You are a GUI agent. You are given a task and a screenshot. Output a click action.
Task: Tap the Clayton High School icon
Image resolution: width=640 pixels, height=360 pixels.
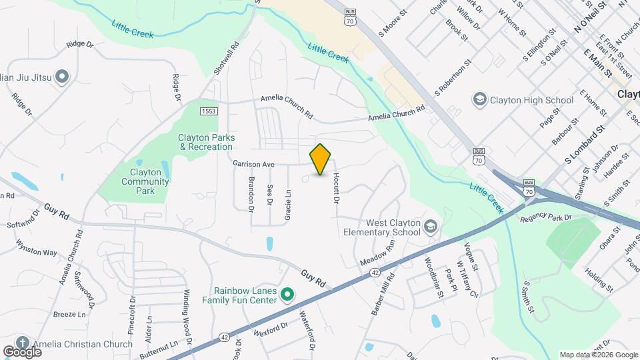point(479,101)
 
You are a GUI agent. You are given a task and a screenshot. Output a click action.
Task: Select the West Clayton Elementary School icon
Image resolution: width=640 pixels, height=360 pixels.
point(430,227)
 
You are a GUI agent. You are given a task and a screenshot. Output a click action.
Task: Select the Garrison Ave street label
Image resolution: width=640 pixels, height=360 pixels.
point(254,163)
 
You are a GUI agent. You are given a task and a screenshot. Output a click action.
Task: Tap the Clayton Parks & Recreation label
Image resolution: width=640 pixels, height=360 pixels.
point(205,142)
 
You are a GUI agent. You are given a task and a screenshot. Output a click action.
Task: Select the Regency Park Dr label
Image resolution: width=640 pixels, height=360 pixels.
point(547,217)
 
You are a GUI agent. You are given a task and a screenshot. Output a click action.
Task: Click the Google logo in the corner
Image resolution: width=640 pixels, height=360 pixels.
point(22,351)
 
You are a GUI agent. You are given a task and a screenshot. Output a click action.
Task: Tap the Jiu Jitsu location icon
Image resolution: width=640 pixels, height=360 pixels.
point(62,78)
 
